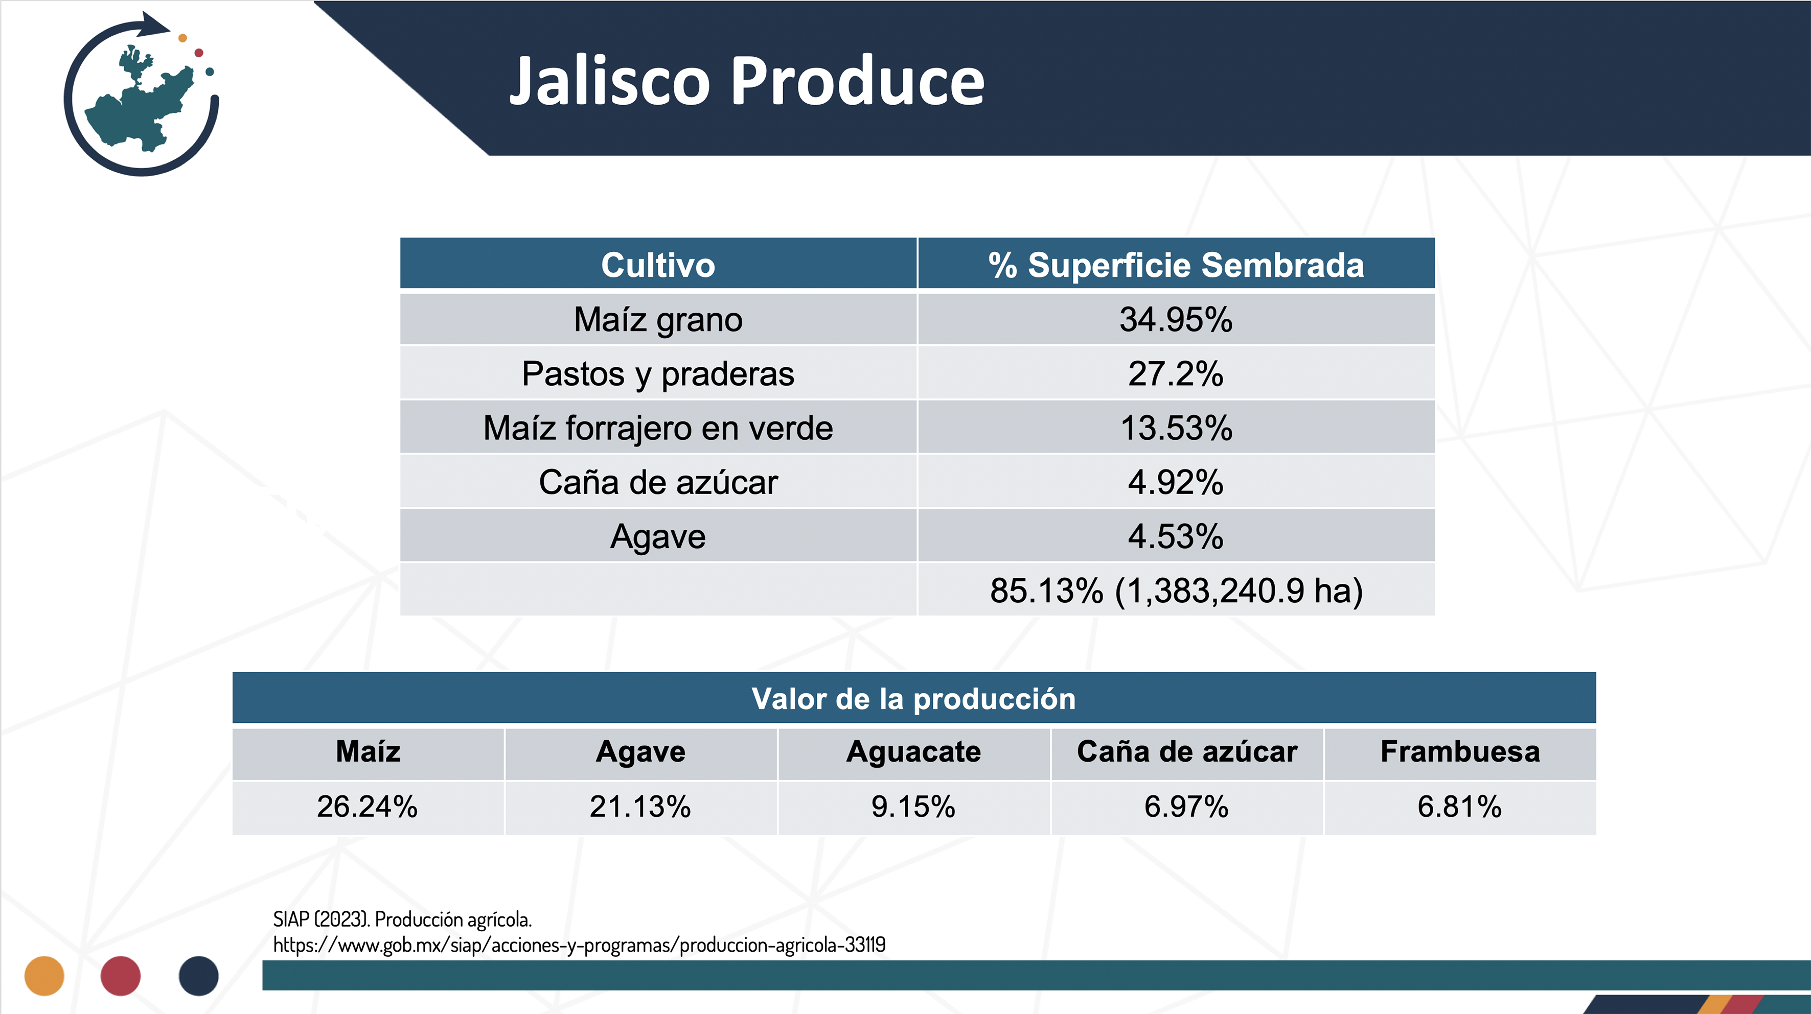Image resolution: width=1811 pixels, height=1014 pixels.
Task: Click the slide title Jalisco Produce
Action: [x=747, y=82]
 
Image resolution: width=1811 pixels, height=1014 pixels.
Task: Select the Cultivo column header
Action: [x=658, y=265]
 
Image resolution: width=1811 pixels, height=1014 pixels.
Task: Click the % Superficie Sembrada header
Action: [x=1176, y=265]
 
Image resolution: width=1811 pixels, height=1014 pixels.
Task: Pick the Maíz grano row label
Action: [x=658, y=320]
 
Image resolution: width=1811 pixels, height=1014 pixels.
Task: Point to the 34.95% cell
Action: [x=1176, y=320]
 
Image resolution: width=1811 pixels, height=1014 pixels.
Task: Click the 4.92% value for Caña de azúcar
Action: [x=1176, y=482]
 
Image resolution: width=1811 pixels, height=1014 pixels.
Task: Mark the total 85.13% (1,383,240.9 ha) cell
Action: [x=1176, y=591]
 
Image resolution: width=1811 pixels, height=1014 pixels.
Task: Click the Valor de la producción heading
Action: [x=914, y=698]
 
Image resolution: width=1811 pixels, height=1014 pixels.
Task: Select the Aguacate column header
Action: [x=914, y=752]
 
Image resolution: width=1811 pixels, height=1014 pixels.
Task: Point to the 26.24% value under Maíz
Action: [x=368, y=807]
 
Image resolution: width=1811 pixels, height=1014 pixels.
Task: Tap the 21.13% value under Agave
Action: [x=640, y=807]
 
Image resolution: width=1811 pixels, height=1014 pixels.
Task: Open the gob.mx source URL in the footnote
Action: [x=579, y=945]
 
